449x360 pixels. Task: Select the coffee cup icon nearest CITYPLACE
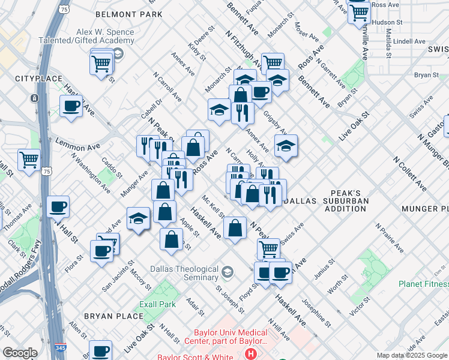(71, 107)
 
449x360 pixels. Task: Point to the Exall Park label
(157, 304)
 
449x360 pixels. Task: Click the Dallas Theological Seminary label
(184, 274)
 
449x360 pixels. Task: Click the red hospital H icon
(250, 353)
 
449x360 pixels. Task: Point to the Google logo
(20, 352)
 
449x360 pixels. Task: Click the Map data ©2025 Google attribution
(412, 355)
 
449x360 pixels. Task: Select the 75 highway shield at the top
(64, 9)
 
